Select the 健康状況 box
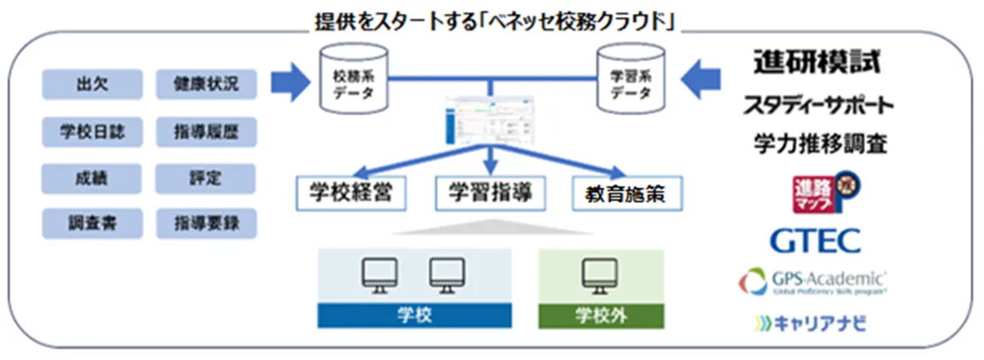pyautogui.click(x=206, y=84)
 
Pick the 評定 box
pyautogui.click(x=206, y=178)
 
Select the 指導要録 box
pyautogui.click(x=206, y=224)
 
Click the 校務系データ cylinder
pyautogui.click(x=352, y=83)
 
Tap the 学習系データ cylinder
pyautogui.click(x=631, y=83)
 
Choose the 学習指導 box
pyautogui.click(x=489, y=194)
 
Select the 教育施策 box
pyautogui.click(x=629, y=194)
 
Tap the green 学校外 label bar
pyautogui.click(x=601, y=315)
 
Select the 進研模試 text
pyautogui.click(x=816, y=62)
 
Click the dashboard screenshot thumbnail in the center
pyautogui.click(x=489, y=125)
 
